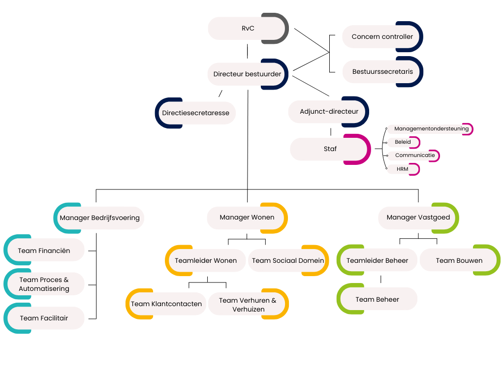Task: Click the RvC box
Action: (x=248, y=29)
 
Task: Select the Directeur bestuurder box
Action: (x=247, y=74)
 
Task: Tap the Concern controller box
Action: (x=382, y=37)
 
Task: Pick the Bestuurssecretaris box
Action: (x=382, y=72)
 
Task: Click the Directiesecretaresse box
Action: (x=196, y=113)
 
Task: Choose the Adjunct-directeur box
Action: (x=329, y=112)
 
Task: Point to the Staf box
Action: (x=330, y=149)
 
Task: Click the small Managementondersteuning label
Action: (x=431, y=129)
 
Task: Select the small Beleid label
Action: (x=403, y=142)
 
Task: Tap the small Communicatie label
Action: (x=415, y=156)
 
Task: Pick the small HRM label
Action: (x=403, y=169)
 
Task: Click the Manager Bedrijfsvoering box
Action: (x=99, y=218)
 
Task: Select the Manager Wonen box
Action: (x=247, y=218)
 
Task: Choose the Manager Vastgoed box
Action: (x=418, y=218)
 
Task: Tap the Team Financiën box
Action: (x=44, y=251)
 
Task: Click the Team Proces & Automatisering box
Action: (x=44, y=284)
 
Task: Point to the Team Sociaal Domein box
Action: (x=288, y=260)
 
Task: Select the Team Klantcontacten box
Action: (x=166, y=304)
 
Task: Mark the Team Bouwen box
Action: (x=459, y=260)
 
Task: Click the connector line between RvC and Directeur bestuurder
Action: (x=247, y=51)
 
